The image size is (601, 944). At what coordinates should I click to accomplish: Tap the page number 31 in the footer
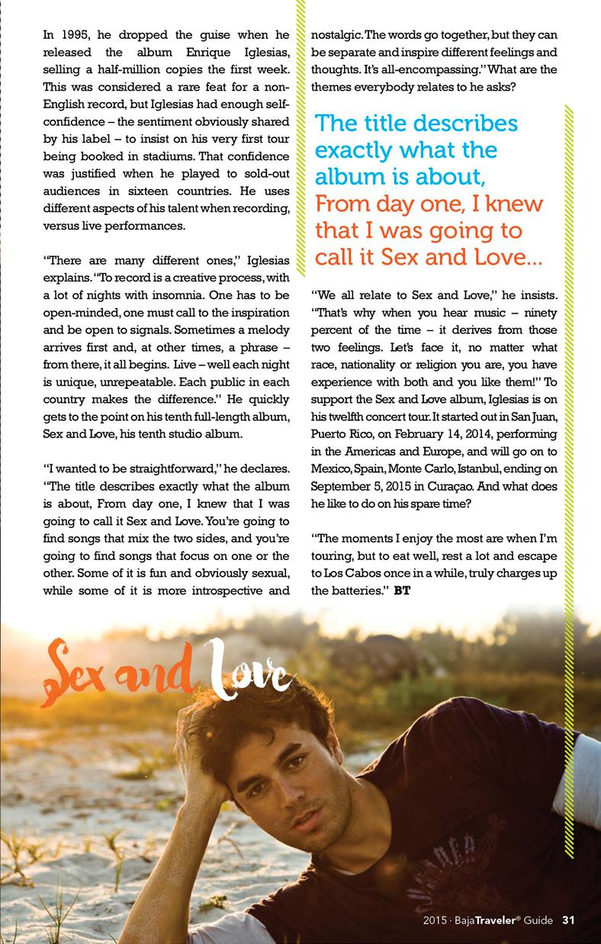pos(568,919)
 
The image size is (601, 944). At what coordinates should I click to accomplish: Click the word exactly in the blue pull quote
pos(359,149)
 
